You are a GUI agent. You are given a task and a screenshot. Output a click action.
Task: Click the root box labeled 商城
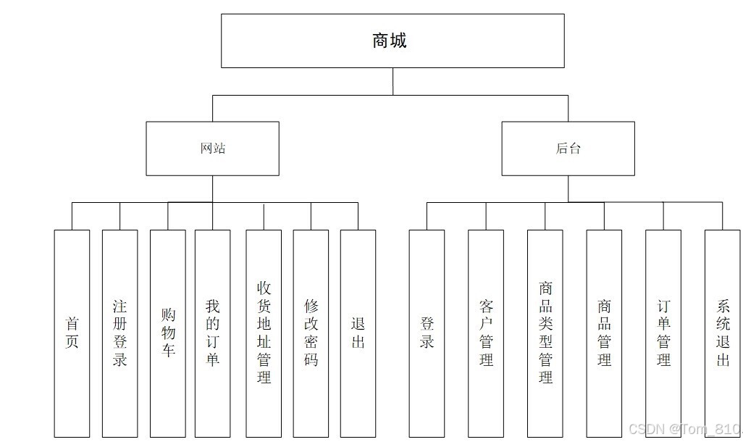click(393, 41)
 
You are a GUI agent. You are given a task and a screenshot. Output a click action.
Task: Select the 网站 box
click(212, 149)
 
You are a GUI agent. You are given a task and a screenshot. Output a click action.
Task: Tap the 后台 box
click(568, 149)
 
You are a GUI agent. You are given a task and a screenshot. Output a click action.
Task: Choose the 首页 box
click(72, 333)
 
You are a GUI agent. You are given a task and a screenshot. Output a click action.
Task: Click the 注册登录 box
click(120, 333)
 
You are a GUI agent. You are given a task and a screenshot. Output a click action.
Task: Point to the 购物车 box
click(168, 333)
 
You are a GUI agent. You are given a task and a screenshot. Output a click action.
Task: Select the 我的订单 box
click(212, 333)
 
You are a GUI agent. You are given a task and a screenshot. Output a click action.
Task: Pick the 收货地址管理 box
click(264, 333)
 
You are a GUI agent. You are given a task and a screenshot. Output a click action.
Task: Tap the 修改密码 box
click(311, 333)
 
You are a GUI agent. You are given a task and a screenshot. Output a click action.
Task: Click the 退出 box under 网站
click(358, 333)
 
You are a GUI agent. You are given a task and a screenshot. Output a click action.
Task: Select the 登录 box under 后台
click(427, 333)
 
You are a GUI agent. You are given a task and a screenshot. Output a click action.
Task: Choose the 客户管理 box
click(486, 333)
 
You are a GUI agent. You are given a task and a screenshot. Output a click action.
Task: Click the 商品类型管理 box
click(545, 333)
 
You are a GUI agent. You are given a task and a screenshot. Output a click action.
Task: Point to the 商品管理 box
click(604, 333)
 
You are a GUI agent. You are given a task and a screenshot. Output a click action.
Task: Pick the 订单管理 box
click(663, 333)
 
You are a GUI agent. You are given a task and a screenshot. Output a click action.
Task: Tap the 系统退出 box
click(723, 333)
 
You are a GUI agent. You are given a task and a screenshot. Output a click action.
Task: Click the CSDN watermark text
click(684, 430)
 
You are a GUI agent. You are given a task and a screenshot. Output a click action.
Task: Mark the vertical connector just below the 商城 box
click(393, 81)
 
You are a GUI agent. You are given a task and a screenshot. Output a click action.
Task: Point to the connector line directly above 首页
click(72, 216)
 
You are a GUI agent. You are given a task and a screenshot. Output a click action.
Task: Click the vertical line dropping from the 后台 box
click(568, 188)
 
